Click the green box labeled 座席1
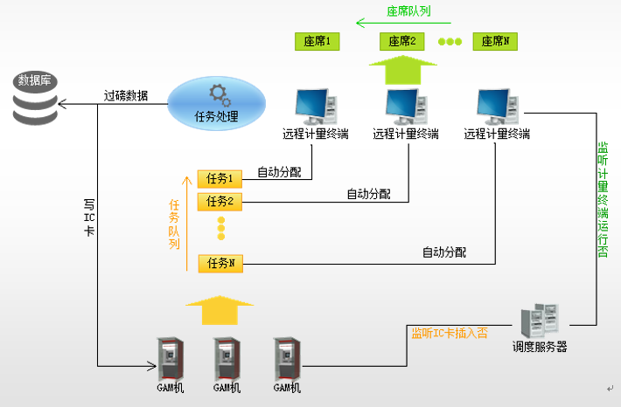[x=317, y=41]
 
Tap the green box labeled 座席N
[x=495, y=41]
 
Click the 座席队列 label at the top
[x=408, y=12]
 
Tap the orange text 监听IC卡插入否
[x=450, y=332]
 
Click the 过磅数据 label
[x=126, y=96]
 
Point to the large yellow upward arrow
[x=220, y=310]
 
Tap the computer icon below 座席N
[x=497, y=106]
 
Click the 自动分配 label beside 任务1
[x=278, y=172]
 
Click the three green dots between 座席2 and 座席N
[x=450, y=41]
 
